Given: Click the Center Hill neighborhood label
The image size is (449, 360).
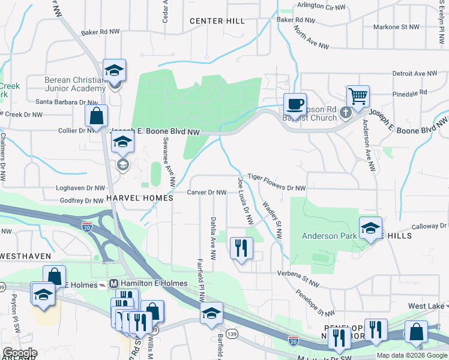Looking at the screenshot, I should [x=217, y=21].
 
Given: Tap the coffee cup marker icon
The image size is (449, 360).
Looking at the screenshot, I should [x=295, y=104].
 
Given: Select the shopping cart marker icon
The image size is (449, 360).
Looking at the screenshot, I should [x=358, y=95].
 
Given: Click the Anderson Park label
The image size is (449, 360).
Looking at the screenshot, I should [x=328, y=236].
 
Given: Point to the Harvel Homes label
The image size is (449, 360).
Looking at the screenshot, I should [x=140, y=197].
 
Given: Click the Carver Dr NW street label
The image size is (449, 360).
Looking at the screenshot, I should [x=206, y=193].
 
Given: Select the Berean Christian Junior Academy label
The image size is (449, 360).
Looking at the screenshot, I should [x=75, y=84].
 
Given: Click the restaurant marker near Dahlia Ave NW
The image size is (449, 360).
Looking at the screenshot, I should [x=241, y=248].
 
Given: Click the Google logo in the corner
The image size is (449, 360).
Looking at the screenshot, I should [x=20, y=353].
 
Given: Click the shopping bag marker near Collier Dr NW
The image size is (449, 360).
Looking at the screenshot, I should [x=96, y=116].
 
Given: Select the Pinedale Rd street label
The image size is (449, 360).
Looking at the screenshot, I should [x=408, y=93].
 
